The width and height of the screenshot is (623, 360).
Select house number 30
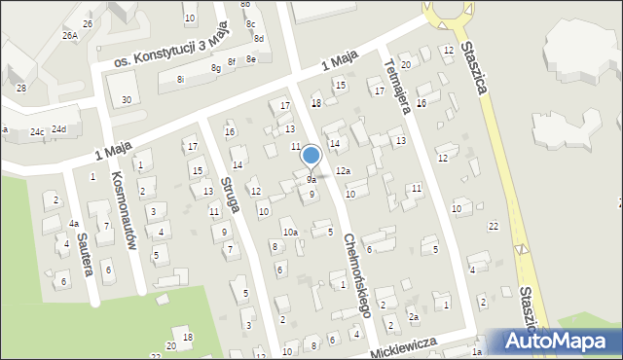coord(127,100)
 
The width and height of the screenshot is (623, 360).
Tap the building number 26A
coord(70,35)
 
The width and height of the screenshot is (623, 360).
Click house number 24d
coord(59,128)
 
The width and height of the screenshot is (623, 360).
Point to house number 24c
coord(36,130)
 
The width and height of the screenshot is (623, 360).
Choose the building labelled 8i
coord(181,80)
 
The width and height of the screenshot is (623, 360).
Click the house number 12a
coord(343,170)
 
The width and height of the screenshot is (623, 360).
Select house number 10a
coord(290,232)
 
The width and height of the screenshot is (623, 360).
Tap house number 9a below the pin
coord(311,180)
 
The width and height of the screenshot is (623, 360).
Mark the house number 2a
coord(414,317)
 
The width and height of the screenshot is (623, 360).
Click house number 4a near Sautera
coord(74,224)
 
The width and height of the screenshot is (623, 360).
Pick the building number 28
coord(21,88)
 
